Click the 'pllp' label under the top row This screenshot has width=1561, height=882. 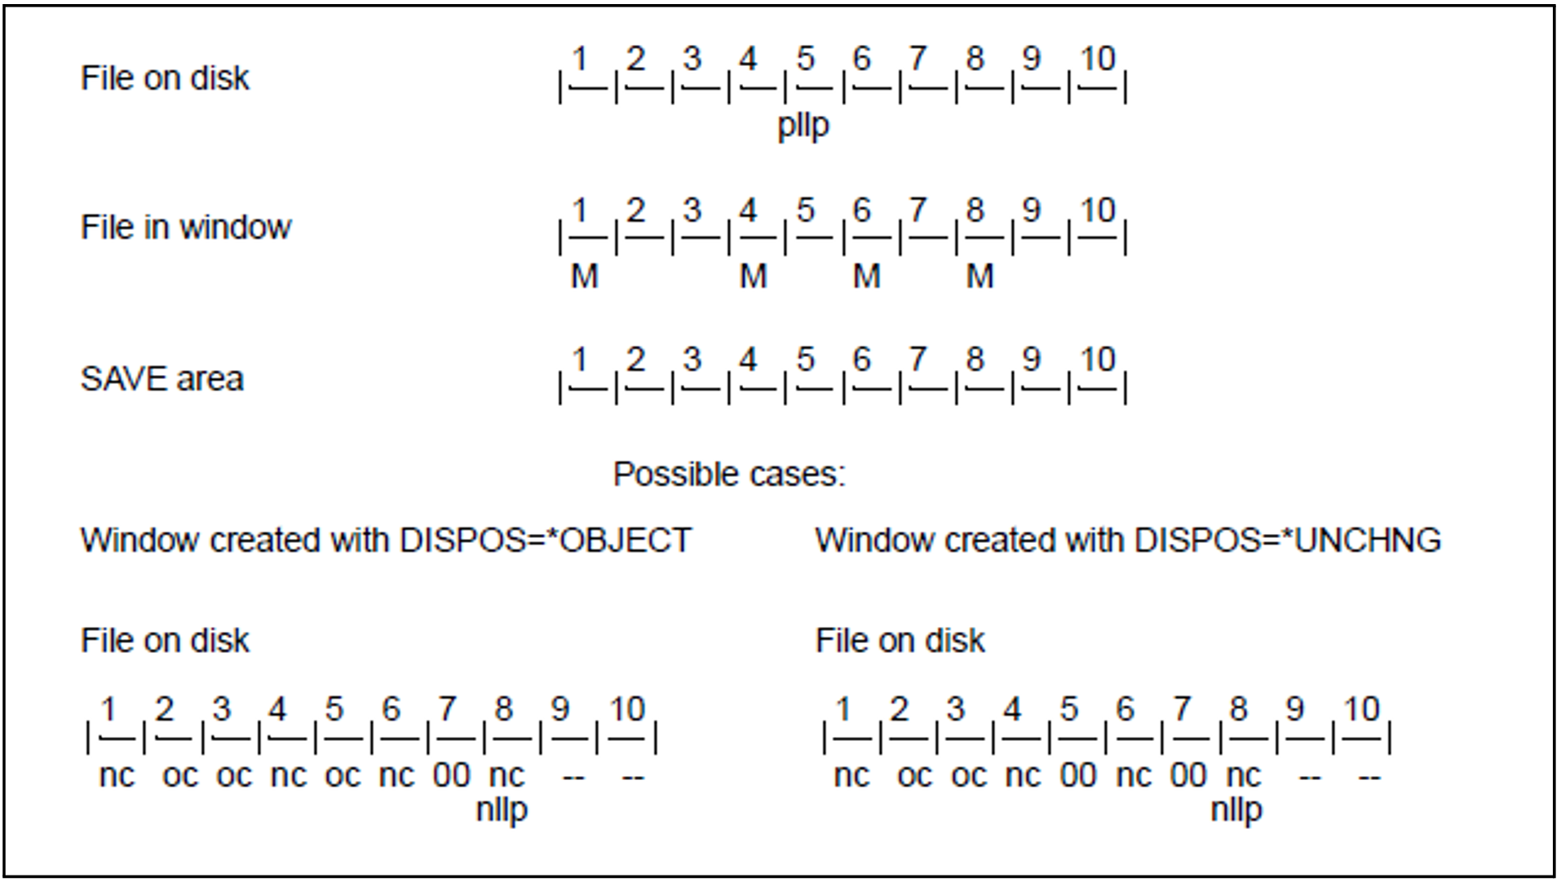coord(803,126)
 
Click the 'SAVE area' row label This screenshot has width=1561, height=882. coord(161,379)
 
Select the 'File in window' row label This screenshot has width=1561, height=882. coord(185,227)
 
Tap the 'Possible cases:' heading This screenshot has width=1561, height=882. coord(729,474)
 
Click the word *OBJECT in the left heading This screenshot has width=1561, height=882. coord(625,540)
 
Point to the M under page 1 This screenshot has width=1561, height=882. coord(584,277)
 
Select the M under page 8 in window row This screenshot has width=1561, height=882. coord(979,277)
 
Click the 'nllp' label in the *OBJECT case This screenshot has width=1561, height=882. coord(502,810)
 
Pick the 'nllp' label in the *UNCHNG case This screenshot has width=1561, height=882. coord(1236,810)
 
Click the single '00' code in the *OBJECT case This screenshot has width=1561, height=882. coord(451,775)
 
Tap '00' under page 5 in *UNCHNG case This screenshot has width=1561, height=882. coord(1077,775)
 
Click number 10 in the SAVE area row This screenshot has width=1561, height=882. coord(1098,359)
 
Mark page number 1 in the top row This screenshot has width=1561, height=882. coord(580,59)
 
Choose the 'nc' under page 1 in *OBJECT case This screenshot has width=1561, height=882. coord(117,775)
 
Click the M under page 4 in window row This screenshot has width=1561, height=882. coord(753,277)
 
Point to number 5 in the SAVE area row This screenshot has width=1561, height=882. coord(805,359)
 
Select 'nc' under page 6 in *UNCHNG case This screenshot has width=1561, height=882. coord(1134,775)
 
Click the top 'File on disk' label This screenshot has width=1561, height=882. coord(165,78)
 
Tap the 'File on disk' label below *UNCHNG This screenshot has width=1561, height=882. coord(900,641)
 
